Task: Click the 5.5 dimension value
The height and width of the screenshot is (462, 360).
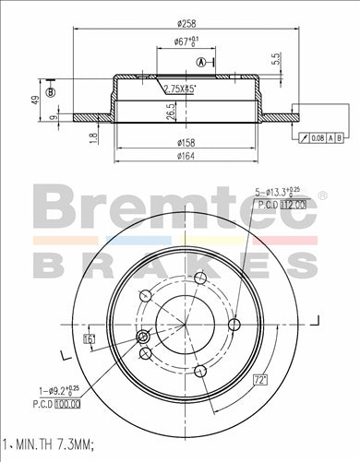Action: click(276, 57)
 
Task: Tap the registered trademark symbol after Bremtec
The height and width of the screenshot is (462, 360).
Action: click(322, 195)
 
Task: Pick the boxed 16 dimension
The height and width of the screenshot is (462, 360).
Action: click(89, 340)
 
